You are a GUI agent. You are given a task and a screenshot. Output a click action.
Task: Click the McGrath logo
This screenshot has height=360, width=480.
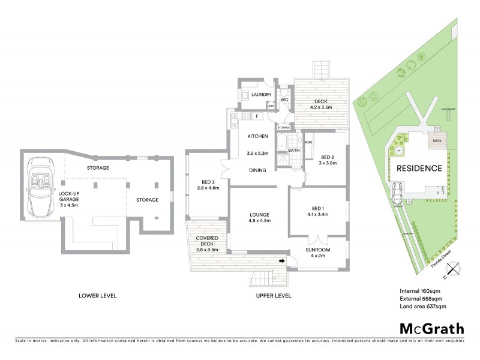pyautogui.click(x=431, y=328)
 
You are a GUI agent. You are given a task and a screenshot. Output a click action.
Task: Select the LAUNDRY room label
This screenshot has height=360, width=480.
pyautogui.click(x=262, y=95)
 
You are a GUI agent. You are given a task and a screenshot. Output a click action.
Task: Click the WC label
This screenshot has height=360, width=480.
pyautogui.click(x=284, y=99)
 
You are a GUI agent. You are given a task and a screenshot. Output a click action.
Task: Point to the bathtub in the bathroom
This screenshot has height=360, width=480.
pyautogui.click(x=282, y=145)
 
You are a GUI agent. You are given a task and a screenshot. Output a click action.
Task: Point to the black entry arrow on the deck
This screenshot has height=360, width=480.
pyautogui.click(x=281, y=261)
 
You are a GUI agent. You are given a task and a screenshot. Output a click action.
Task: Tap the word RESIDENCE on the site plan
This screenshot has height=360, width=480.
pyautogui.click(x=420, y=169)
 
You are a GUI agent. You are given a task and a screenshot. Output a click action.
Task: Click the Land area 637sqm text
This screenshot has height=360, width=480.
pyautogui.click(x=423, y=306)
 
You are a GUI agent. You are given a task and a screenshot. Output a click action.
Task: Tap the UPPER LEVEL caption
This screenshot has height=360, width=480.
pyautogui.click(x=273, y=296)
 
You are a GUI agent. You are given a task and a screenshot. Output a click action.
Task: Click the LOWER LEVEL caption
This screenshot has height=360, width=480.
pyautogui.click(x=98, y=296)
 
